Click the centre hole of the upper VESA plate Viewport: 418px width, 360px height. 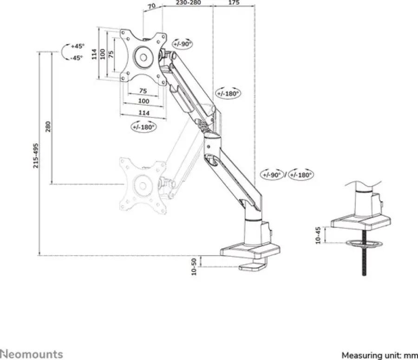click(x=144, y=57)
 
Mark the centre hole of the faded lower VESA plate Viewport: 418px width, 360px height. click(x=143, y=186)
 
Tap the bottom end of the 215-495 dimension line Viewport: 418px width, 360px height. click(x=39, y=255)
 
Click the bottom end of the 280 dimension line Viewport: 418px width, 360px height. click(x=51, y=184)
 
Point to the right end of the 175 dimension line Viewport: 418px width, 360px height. click(x=255, y=6)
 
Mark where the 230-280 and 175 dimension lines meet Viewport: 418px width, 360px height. click(x=213, y=6)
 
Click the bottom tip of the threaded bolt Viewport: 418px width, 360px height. click(x=364, y=275)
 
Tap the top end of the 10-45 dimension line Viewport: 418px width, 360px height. click(x=325, y=227)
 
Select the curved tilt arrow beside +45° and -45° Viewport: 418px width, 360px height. click(x=65, y=51)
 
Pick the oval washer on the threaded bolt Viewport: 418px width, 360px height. click(x=364, y=243)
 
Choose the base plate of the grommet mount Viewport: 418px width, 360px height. click(x=360, y=222)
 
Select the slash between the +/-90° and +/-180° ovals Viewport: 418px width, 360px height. click(x=286, y=175)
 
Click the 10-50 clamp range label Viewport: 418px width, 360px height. click(x=194, y=266)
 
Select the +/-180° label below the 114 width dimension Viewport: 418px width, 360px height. click(x=144, y=127)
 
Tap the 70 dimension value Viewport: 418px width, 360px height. click(x=152, y=6)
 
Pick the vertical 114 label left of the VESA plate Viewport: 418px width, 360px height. click(x=94, y=54)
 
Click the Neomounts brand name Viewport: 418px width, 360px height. click(x=32, y=354)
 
